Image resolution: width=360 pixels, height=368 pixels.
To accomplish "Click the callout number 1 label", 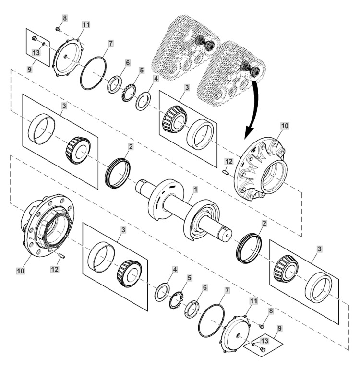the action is (x=195, y=189).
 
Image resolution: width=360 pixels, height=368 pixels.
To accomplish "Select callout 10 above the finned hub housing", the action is (x=284, y=126).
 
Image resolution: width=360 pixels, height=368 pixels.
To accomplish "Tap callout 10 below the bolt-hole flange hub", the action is (x=21, y=271).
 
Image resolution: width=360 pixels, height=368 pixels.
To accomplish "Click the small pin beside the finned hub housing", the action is (x=225, y=172).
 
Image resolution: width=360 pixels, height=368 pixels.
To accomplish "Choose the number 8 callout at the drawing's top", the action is (x=65, y=18).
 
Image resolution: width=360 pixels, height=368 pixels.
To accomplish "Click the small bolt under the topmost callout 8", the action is (x=57, y=29).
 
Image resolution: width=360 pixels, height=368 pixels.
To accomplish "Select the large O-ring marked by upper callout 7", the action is (x=93, y=73).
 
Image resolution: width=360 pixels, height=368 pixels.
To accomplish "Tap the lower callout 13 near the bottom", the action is (x=264, y=341).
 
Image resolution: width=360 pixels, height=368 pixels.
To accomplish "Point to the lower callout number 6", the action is (x=205, y=287).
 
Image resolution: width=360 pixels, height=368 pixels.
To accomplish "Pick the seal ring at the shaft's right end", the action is (x=249, y=248).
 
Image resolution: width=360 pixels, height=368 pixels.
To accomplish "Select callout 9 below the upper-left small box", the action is (x=29, y=70).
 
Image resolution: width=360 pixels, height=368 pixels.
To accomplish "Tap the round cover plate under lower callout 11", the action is (x=236, y=333).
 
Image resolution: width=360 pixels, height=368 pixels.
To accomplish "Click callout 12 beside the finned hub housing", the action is (x=228, y=162).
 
